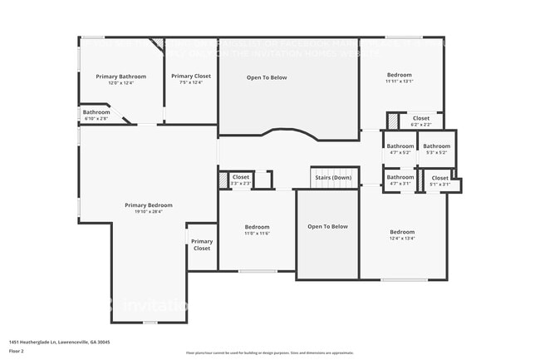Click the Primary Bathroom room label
pos(120,76)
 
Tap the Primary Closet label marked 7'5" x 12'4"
pos(191,76)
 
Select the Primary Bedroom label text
pos(149,205)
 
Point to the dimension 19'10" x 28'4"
pos(149,211)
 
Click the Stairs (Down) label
pos(331,177)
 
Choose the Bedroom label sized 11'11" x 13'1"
pos(399,75)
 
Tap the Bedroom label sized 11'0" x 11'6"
pos(257,227)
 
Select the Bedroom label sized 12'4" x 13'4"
pos(402,232)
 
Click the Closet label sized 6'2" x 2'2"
pos(421,118)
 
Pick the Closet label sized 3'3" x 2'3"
pos(241,176)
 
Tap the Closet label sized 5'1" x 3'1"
pos(439,177)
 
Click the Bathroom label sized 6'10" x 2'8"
pos(96,112)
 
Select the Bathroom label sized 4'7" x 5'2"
pos(400,145)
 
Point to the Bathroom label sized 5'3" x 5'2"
pos(436,145)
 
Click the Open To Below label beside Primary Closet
pos(267,77)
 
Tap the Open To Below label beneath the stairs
pos(327,226)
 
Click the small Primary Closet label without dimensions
pos(202,244)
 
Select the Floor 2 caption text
pos(17,350)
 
